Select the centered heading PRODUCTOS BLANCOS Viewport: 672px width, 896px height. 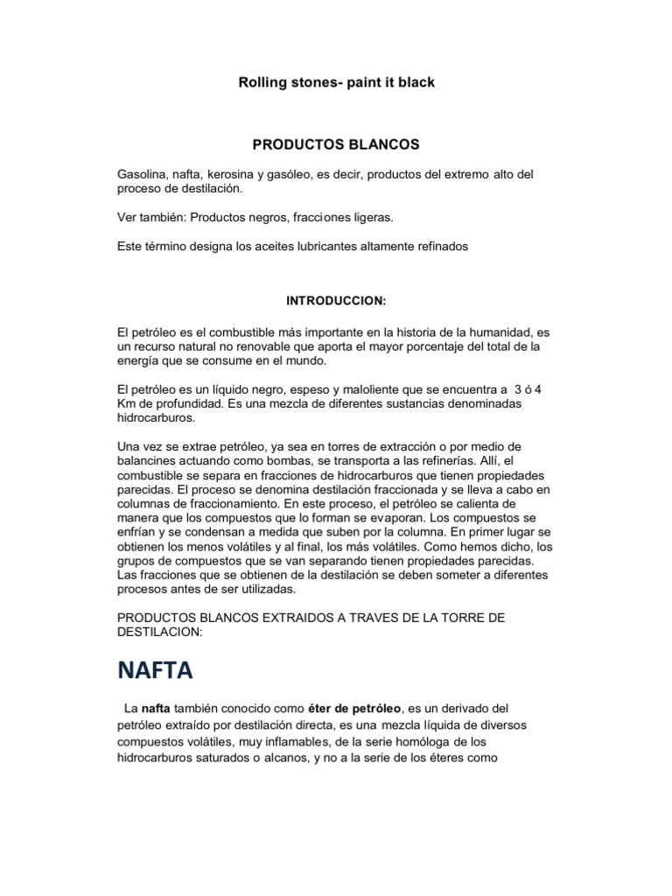coord(336,143)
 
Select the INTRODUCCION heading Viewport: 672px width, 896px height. coord(336,300)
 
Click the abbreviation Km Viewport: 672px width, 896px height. coord(126,402)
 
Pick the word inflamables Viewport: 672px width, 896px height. coord(265,742)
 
